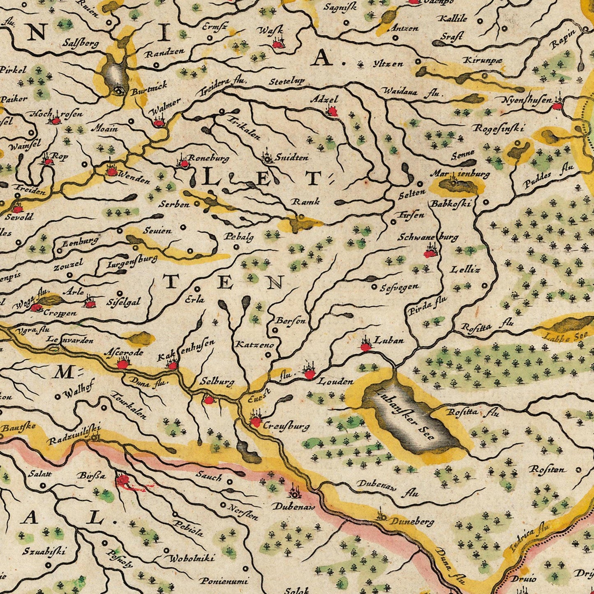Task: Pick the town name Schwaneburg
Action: point(428,237)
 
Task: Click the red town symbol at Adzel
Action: point(332,111)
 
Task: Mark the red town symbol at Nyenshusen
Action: point(557,106)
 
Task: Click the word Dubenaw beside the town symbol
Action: point(294,507)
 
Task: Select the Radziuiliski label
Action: point(74,435)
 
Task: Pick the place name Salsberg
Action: point(81,42)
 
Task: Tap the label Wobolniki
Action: point(190,558)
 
